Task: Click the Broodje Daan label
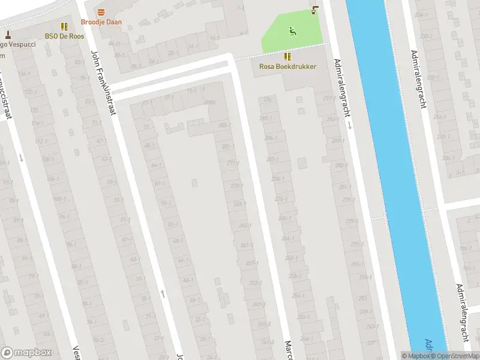point(101,22)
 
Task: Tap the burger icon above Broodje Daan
point(101,13)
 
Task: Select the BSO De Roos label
point(64,36)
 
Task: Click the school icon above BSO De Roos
point(64,26)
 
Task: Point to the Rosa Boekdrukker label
point(287,66)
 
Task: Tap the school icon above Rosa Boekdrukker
point(288,56)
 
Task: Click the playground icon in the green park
point(292,31)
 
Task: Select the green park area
point(282,36)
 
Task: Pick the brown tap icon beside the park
point(315,10)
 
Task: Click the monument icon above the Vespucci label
point(8,35)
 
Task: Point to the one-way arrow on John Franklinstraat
point(163,294)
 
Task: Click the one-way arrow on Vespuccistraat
point(21,158)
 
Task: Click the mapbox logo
point(27,353)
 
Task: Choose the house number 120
point(34,111)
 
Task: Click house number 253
point(254,283)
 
